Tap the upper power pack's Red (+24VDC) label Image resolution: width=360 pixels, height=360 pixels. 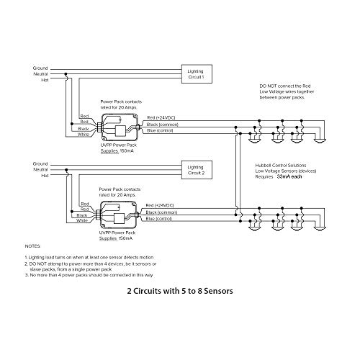point(161,117)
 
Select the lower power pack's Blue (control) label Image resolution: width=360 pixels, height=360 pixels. point(158,219)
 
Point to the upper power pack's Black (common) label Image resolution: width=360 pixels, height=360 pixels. point(163,125)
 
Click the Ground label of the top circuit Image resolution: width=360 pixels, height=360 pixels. point(40,68)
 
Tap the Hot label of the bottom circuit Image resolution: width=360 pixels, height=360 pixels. point(45,176)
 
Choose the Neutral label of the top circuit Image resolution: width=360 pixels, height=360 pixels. point(40,74)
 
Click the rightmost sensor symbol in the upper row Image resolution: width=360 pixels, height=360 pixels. point(320,141)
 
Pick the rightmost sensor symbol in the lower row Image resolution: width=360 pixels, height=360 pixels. point(320,228)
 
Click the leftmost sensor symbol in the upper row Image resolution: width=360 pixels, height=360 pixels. point(255,141)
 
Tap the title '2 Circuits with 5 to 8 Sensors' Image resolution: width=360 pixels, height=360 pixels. point(180,291)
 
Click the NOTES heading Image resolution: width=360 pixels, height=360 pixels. point(32,246)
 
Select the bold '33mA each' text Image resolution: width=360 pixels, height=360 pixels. point(289,176)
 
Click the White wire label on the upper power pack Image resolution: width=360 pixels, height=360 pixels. point(84,135)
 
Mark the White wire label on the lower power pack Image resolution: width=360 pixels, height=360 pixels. point(82,220)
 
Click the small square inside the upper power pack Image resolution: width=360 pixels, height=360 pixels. point(120,131)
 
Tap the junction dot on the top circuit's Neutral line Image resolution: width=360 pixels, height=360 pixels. point(66,74)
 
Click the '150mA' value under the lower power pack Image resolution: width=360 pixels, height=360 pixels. point(125,238)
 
